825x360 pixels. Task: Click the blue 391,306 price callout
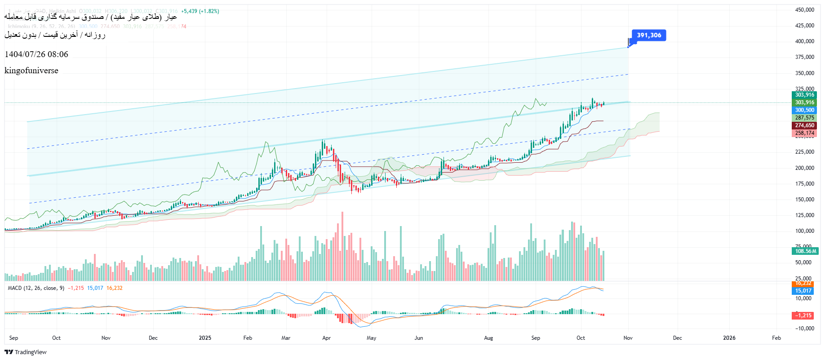[x=648, y=36]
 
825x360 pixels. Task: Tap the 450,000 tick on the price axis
[x=804, y=10]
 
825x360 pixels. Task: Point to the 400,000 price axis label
[x=804, y=41]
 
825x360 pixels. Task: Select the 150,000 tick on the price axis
[x=804, y=200]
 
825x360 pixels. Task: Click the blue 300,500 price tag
[x=804, y=110]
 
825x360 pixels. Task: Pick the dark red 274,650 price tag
[x=804, y=125]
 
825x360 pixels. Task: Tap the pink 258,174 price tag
[x=804, y=133]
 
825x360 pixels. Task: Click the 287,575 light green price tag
[x=804, y=118]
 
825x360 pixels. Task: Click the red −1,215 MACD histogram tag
[x=803, y=316]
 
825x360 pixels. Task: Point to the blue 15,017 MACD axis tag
[x=803, y=291]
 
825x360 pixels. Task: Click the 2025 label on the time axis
[x=205, y=338]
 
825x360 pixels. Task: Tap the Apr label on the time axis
[x=327, y=338]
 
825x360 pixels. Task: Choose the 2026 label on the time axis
[x=729, y=338]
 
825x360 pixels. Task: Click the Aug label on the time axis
[x=488, y=338]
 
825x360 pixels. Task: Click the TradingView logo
[x=26, y=352]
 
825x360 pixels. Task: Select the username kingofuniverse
[x=31, y=71]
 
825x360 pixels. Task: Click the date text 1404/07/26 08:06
[x=36, y=54]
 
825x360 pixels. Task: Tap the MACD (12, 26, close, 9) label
[x=36, y=288]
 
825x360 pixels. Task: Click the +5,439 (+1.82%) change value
[x=200, y=11]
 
